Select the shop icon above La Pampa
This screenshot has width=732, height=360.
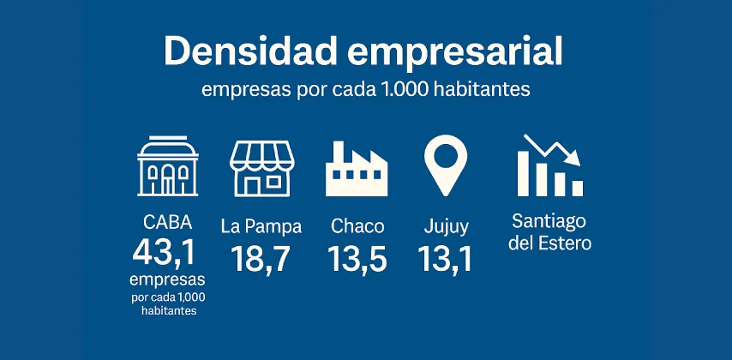click(x=261, y=166)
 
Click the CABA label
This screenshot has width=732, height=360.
click(x=168, y=223)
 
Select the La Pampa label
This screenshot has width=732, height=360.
click(x=261, y=227)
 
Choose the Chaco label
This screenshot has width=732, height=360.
click(x=357, y=227)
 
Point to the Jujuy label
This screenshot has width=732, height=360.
click(x=446, y=228)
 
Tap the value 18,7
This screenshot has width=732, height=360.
click(x=261, y=258)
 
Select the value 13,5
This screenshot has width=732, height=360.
click(x=357, y=258)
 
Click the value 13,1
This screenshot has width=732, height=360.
click(x=446, y=258)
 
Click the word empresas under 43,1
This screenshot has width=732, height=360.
click(x=168, y=280)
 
